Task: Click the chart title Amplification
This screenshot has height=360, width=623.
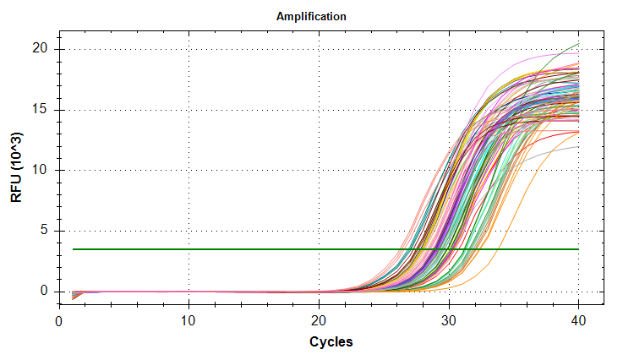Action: click(311, 16)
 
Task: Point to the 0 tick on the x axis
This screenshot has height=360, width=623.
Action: click(58, 321)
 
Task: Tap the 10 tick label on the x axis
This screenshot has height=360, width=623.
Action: click(189, 321)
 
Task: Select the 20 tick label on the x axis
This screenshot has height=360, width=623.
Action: click(319, 321)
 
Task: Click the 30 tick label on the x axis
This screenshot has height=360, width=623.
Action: click(449, 321)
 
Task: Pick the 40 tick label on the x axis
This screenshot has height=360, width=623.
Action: click(579, 321)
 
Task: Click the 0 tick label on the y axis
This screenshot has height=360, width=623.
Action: click(47, 292)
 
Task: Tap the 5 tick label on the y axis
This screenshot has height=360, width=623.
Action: click(47, 231)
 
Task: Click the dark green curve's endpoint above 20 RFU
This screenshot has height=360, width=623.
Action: click(578, 43)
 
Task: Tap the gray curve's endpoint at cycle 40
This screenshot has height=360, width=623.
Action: click(578, 146)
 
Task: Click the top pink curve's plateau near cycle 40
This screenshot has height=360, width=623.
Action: click(575, 53)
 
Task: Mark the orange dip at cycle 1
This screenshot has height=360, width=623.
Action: click(73, 298)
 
